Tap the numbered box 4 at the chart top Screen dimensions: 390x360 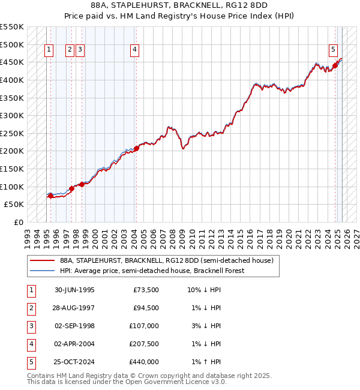click(x=136, y=50)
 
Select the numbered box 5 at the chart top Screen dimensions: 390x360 click(x=333, y=50)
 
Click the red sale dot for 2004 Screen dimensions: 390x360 click(x=136, y=148)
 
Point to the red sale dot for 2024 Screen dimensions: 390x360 click(x=335, y=65)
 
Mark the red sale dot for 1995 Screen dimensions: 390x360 click(x=50, y=196)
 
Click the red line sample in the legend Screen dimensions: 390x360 click(x=42, y=261)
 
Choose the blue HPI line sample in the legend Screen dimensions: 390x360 click(x=42, y=271)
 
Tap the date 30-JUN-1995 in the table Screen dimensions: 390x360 click(x=74, y=290)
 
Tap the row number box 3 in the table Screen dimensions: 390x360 click(x=31, y=326)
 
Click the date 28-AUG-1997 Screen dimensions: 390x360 click(x=74, y=308)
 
